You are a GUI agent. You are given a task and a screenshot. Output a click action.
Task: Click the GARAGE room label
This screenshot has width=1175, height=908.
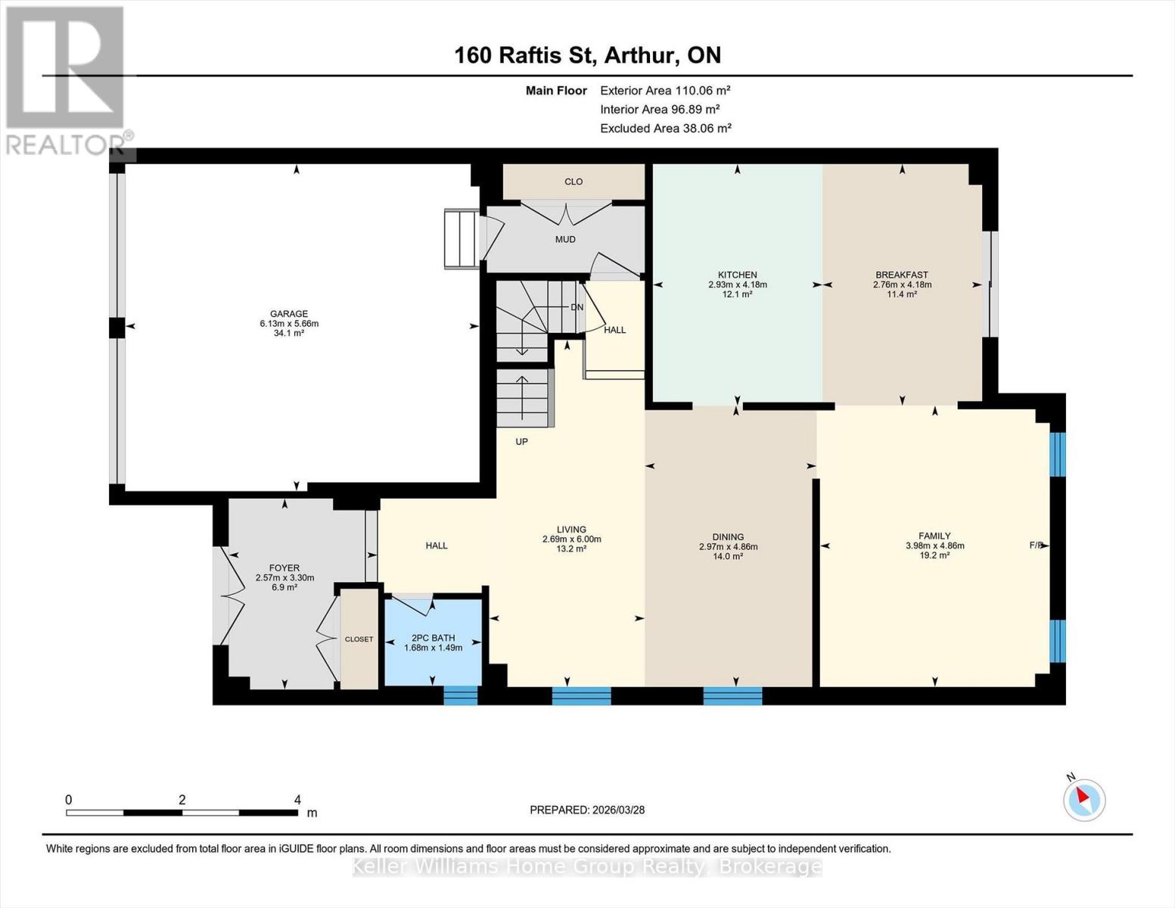(289, 314)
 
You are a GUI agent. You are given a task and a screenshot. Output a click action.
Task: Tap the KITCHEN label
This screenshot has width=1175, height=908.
(737, 275)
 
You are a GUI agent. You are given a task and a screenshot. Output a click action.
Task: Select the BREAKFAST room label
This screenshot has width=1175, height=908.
(902, 275)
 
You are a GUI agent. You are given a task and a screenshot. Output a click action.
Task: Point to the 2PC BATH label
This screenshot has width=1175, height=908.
(433, 638)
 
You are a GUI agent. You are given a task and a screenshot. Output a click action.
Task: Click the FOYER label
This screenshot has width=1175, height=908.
(284, 567)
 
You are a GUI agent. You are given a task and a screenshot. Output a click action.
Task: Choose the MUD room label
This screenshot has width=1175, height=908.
(565, 239)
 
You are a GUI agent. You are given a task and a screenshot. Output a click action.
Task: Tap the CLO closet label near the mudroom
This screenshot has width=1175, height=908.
(574, 182)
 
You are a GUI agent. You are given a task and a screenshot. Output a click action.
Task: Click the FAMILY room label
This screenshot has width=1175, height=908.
(934, 536)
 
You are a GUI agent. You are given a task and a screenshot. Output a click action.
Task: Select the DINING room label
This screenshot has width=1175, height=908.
(728, 537)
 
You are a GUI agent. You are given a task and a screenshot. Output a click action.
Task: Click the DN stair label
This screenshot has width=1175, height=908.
(577, 307)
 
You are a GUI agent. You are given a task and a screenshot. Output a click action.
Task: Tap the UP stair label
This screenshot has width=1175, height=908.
(521, 442)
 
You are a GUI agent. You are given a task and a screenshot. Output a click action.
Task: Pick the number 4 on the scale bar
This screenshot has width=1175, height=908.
(297, 800)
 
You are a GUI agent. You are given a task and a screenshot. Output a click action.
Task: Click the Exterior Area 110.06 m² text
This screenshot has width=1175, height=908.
(665, 90)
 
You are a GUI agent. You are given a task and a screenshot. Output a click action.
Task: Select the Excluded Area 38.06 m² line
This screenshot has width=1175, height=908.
(666, 128)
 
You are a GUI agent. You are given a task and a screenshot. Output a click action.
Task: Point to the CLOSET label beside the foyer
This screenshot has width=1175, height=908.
(359, 639)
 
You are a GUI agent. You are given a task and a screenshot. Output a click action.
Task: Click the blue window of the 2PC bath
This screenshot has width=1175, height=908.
(461, 695)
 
